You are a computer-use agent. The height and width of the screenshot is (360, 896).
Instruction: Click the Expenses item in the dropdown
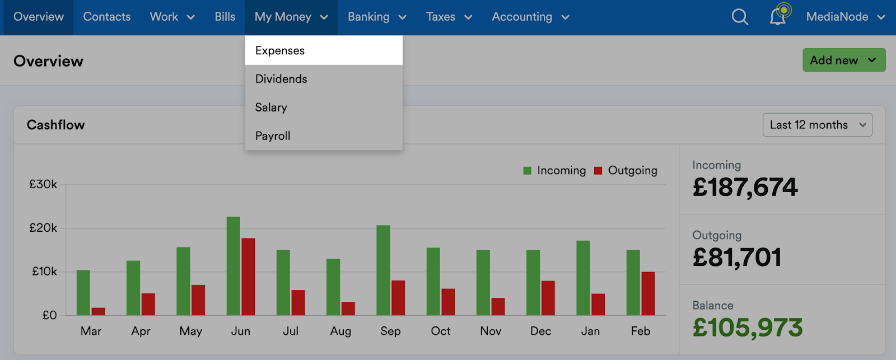click(x=280, y=50)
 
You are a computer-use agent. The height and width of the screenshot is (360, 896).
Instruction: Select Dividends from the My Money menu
click(x=281, y=79)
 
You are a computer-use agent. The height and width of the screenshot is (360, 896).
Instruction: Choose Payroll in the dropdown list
click(x=273, y=136)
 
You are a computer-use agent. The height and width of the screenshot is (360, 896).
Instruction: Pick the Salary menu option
click(x=271, y=107)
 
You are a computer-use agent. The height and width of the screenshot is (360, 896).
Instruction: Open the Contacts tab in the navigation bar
click(x=107, y=17)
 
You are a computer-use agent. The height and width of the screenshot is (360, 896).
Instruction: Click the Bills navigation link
click(x=225, y=17)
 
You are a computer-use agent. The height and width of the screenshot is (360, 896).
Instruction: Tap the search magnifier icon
click(x=740, y=17)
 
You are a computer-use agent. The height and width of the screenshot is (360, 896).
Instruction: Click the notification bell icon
click(x=778, y=17)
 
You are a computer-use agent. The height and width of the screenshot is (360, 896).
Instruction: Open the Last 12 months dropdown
click(x=817, y=125)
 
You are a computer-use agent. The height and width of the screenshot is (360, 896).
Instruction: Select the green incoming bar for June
click(x=234, y=266)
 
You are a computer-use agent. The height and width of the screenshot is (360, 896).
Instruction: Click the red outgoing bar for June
click(x=248, y=277)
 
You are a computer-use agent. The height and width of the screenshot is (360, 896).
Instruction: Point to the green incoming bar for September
click(x=383, y=270)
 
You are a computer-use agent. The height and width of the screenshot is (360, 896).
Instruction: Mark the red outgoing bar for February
click(x=648, y=293)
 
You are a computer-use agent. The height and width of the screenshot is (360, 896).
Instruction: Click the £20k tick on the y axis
click(x=43, y=228)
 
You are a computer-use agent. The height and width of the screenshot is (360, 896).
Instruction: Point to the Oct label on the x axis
click(x=441, y=331)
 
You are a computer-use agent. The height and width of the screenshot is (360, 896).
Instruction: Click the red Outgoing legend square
click(x=598, y=171)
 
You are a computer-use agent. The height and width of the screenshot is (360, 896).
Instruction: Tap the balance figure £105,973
click(x=748, y=328)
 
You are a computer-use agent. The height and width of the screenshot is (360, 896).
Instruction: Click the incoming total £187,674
click(x=745, y=187)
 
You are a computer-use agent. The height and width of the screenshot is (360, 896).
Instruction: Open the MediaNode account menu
click(x=845, y=17)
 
